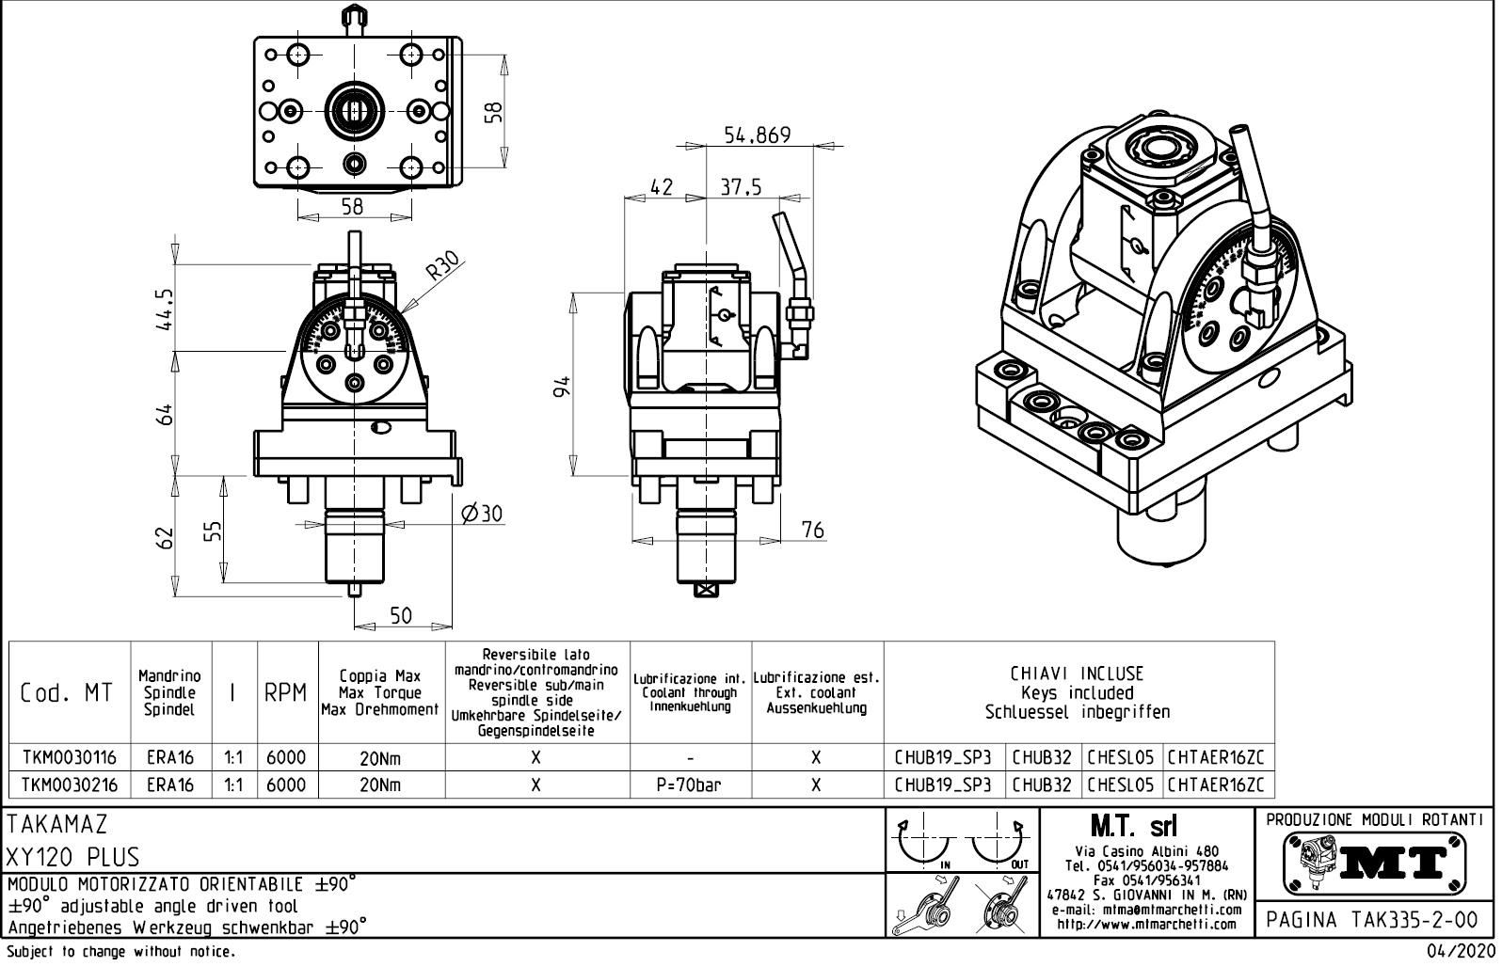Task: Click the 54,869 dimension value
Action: click(x=757, y=135)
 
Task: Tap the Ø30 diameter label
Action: click(x=483, y=514)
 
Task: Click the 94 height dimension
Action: click(x=563, y=386)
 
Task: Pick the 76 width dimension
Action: click(x=812, y=531)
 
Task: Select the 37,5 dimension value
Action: click(x=741, y=187)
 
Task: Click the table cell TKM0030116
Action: click(x=69, y=758)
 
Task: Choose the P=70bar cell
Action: click(x=690, y=785)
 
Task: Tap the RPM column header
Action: click(x=285, y=694)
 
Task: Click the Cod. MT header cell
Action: click(x=67, y=694)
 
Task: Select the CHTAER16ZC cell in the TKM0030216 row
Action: click(x=1218, y=785)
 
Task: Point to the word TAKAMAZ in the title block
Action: click(x=57, y=825)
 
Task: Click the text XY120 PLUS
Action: click(x=73, y=858)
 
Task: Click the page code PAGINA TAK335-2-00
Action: click(x=1375, y=919)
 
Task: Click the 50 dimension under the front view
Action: click(x=401, y=616)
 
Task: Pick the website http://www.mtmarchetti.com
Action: click(x=1146, y=924)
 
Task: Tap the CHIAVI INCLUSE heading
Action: click(x=1078, y=674)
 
